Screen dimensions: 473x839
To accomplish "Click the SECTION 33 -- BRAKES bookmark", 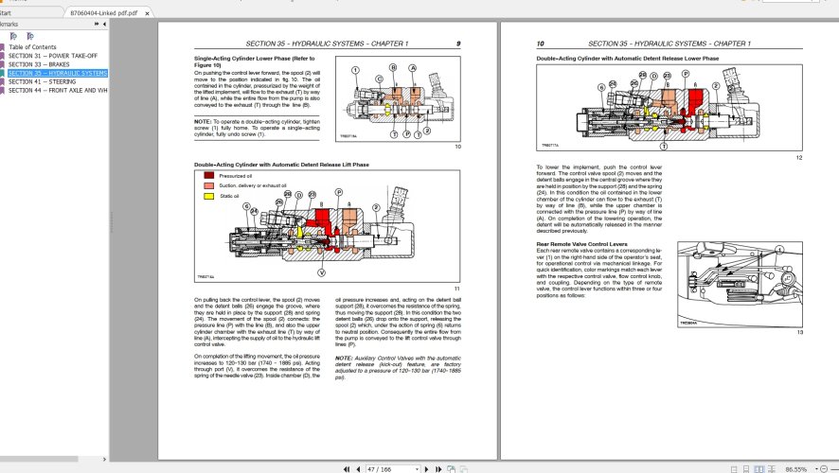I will coord(41,63).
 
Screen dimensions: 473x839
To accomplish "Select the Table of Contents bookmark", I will coord(32,46).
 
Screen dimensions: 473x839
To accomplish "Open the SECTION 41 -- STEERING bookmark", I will coord(42,81).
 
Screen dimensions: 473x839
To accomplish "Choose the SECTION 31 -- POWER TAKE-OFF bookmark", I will coord(51,55).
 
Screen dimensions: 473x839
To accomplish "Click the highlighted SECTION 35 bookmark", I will coord(57,73).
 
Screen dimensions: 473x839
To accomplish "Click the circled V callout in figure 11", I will coord(321,272).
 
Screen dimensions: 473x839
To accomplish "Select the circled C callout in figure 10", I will coord(378,79).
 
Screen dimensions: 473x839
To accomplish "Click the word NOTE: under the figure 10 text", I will coord(204,121).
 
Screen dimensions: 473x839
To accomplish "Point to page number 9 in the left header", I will coord(457,44).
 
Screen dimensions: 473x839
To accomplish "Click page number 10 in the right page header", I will coord(540,44).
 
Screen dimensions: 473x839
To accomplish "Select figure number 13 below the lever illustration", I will coord(799,331).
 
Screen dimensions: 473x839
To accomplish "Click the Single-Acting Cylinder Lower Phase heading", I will coord(249,60).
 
